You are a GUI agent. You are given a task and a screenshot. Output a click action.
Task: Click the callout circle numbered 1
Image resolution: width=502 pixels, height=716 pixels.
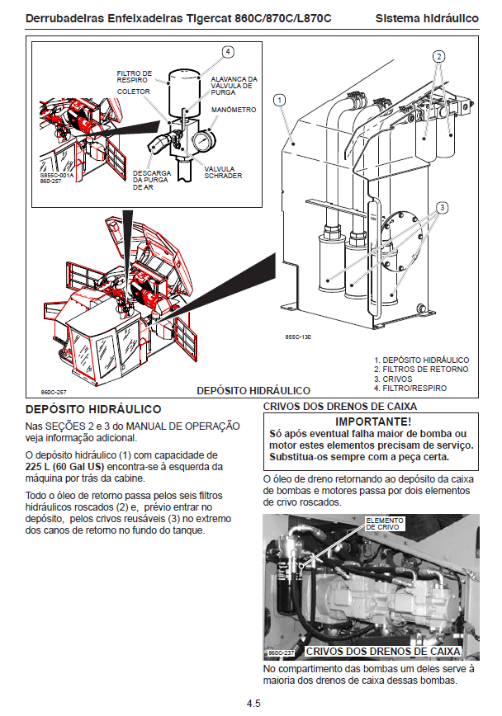(281, 100)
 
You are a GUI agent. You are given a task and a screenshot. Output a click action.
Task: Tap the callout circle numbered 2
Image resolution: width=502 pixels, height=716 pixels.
(439, 56)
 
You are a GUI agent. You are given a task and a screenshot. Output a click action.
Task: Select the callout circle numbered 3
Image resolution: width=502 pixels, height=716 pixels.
(443, 207)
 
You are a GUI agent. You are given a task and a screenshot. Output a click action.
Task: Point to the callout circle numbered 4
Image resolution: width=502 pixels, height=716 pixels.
(228, 52)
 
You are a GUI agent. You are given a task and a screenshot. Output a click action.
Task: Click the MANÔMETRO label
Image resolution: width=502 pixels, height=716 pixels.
(233, 109)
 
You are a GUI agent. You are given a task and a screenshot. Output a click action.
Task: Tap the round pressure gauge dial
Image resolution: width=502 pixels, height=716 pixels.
(201, 142)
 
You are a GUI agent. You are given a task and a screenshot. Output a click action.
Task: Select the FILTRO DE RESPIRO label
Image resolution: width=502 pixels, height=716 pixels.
(135, 76)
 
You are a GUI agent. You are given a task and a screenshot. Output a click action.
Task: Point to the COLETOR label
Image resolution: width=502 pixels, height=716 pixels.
(134, 92)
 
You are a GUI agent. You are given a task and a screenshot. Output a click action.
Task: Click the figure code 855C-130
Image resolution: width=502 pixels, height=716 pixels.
(297, 337)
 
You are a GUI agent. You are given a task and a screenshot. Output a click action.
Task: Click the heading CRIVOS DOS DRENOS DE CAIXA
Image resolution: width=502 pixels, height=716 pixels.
(339, 406)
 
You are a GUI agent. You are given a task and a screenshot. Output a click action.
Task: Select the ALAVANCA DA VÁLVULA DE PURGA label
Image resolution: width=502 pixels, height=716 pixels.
(234, 86)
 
